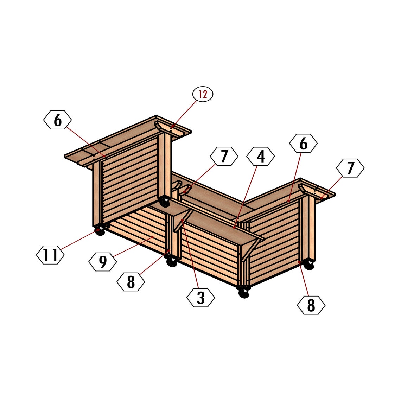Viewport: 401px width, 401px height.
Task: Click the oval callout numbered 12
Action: tap(203, 94)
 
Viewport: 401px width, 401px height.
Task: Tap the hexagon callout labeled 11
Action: tap(50, 255)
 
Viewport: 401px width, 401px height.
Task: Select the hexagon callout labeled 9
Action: tap(102, 262)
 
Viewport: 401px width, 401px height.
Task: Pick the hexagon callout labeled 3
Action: tap(200, 298)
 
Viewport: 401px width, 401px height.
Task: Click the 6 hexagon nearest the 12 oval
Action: tap(58, 120)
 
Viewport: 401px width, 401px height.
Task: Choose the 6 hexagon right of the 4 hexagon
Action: tap(303, 144)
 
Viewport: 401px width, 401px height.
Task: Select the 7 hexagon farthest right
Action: tap(350, 168)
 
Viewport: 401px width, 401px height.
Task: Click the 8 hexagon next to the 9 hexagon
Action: tap(131, 282)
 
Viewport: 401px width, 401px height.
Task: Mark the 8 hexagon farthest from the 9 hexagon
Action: tap(311, 305)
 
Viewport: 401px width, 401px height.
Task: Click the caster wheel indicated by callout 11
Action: tap(100, 231)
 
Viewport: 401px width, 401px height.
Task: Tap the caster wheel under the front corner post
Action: tap(243, 293)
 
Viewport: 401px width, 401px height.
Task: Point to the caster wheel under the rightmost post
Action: tap(309, 265)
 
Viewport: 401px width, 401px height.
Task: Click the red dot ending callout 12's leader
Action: tap(171, 127)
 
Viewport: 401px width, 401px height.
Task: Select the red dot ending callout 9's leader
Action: tap(153, 237)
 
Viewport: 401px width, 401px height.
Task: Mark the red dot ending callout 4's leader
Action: tap(234, 228)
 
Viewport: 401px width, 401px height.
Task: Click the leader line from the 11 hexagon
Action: tap(79, 240)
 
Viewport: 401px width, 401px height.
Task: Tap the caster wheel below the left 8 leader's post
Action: tap(172, 262)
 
